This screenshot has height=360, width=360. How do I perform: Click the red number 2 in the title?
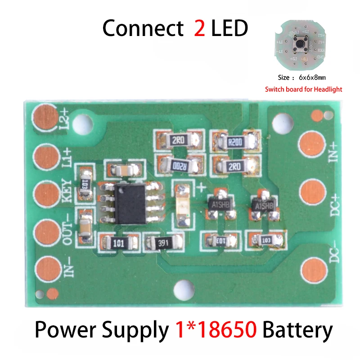tap(199, 28)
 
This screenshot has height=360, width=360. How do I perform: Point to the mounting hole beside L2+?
tap(82, 122)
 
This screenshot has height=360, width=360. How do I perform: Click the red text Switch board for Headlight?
tap(303, 89)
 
